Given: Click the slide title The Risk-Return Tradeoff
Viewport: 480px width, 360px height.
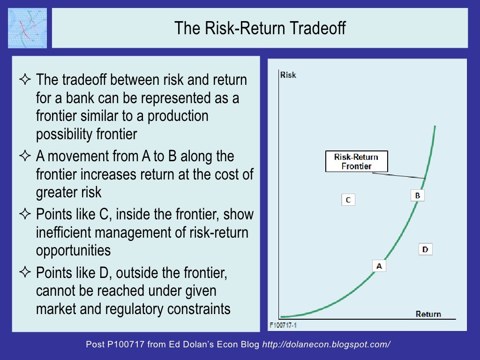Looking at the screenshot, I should point(260,28).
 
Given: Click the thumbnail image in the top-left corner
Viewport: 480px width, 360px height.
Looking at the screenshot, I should point(27,28).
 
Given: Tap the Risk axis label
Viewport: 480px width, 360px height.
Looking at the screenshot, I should point(288,75).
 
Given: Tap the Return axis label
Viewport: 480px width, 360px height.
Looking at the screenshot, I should point(428,314).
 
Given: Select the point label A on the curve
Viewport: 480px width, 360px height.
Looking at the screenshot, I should point(379,266).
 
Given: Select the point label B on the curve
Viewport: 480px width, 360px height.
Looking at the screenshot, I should point(417,195).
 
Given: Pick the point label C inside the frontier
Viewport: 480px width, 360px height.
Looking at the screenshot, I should point(348,200).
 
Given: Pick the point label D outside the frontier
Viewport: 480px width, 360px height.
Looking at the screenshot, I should point(425,249).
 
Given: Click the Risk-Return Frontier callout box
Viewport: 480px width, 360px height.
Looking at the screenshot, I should point(356,162).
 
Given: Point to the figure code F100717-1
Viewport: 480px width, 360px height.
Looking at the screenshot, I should point(283,324).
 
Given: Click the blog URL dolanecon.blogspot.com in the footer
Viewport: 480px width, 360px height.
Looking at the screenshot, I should point(326,345).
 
